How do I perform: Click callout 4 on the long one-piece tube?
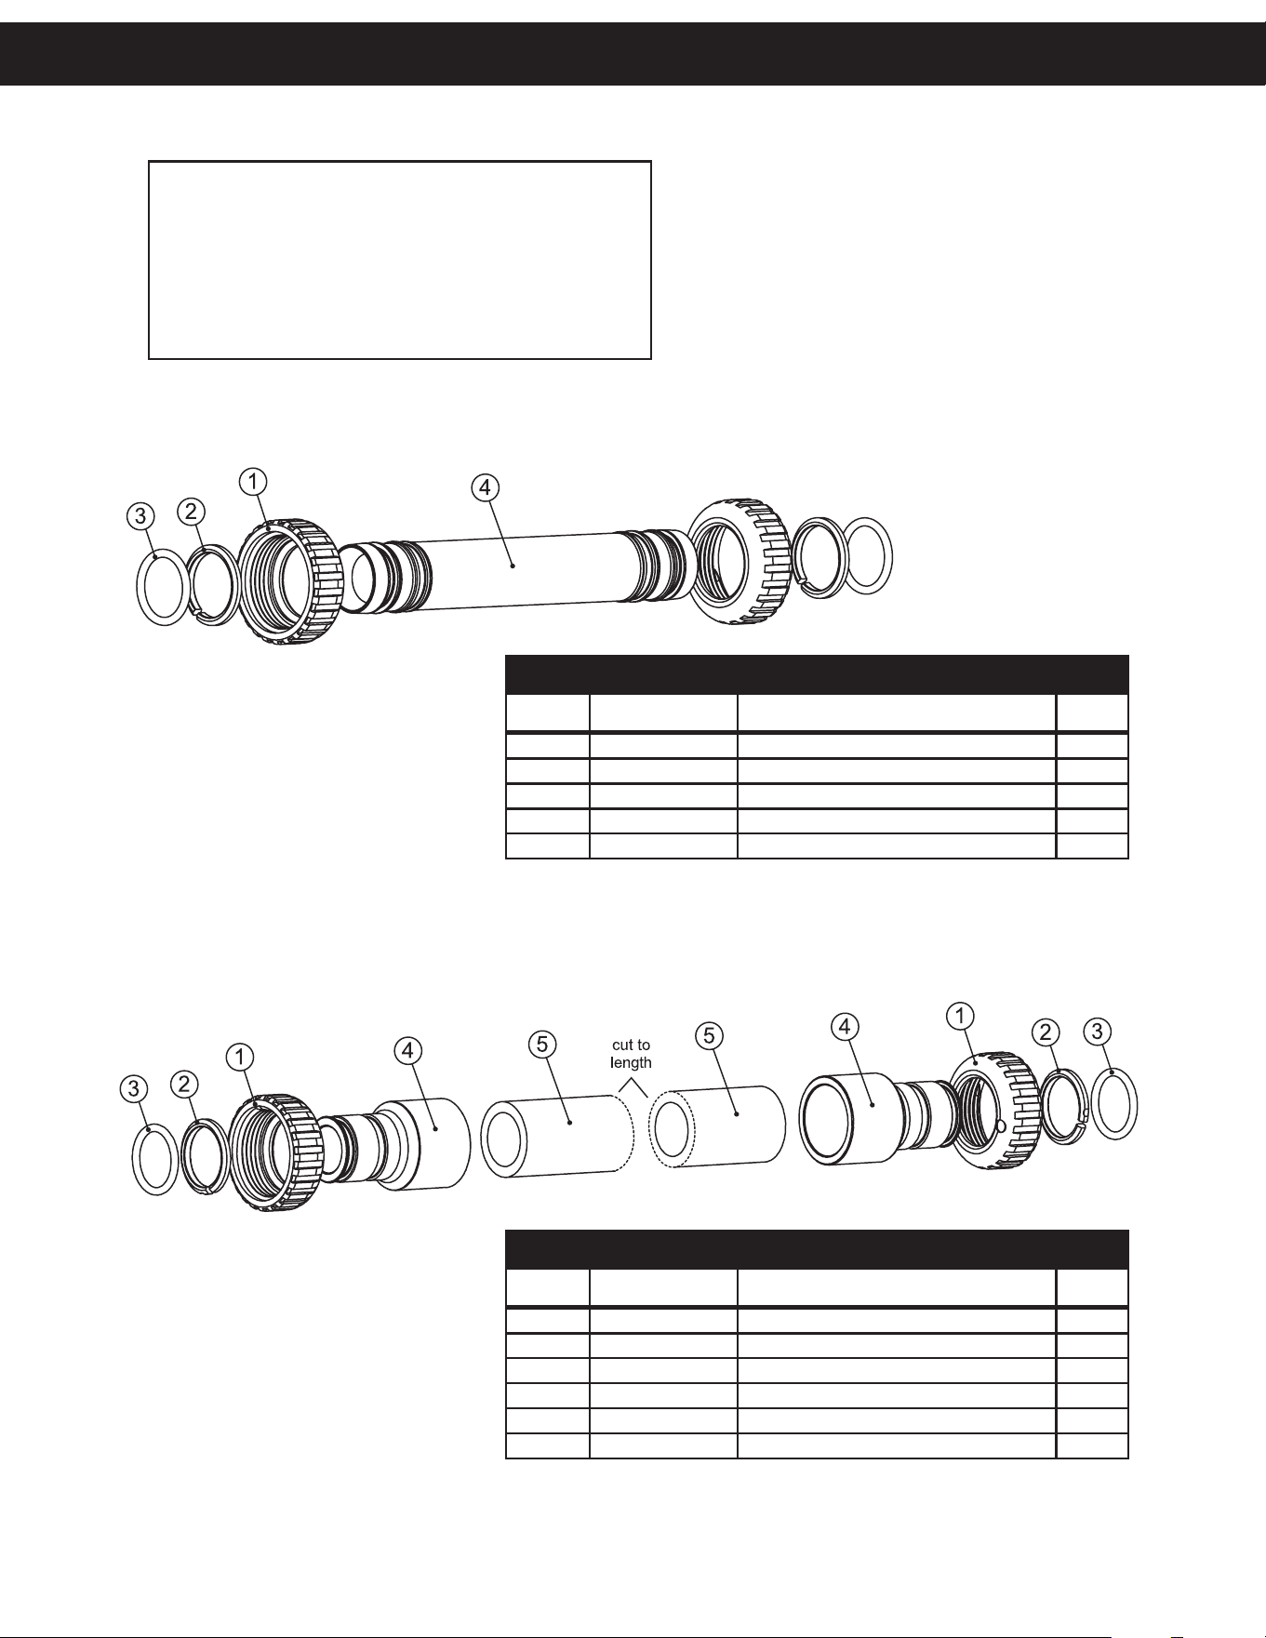click(x=485, y=486)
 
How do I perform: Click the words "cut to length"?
click(x=631, y=1054)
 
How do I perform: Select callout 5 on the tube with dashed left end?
click(x=710, y=1035)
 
